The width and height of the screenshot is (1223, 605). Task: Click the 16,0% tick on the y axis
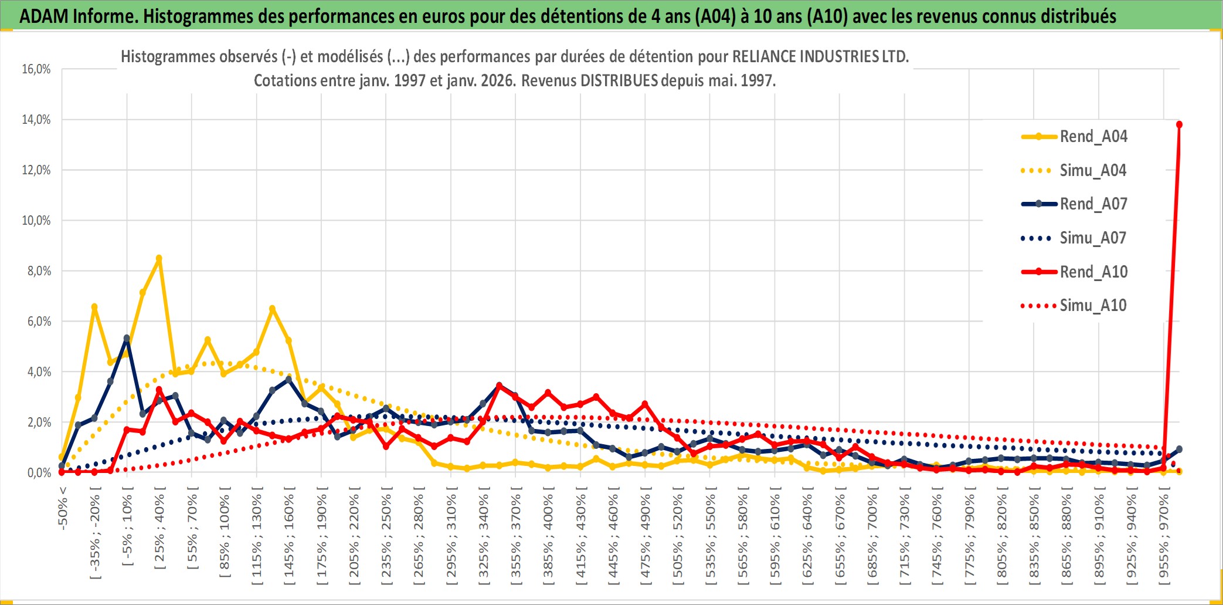[36, 69]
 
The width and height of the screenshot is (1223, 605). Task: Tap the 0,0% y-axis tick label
[39, 473]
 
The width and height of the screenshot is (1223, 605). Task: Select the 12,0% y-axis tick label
[36, 170]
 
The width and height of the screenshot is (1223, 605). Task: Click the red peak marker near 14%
[1179, 124]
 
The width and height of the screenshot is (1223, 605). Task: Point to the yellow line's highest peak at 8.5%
[159, 258]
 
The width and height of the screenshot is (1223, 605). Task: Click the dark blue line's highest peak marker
[127, 339]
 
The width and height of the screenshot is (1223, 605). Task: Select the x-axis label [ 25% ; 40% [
[159, 532]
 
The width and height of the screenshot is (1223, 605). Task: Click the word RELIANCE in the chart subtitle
[765, 57]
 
